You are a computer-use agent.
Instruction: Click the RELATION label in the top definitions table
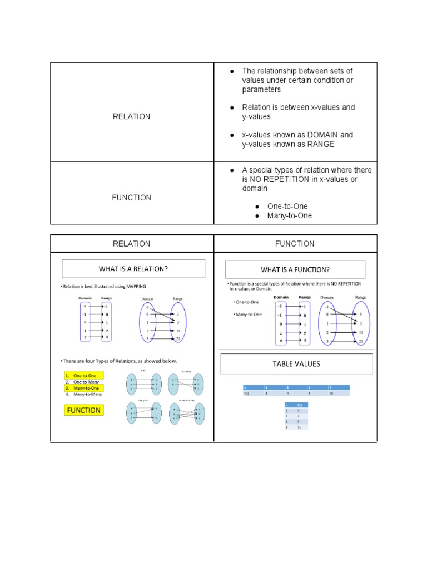pyautogui.click(x=131, y=116)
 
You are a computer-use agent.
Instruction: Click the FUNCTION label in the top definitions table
pyautogui.click(x=131, y=198)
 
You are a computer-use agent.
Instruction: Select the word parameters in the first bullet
pyautogui.click(x=261, y=90)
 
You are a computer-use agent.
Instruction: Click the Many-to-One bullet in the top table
pyautogui.click(x=289, y=215)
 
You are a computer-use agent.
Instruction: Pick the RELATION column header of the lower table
pyautogui.click(x=131, y=244)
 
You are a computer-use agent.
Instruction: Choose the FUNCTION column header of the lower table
pyautogui.click(x=295, y=244)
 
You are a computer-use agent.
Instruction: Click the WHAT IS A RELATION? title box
pyautogui.click(x=133, y=268)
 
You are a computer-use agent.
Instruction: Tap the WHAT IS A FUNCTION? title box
pyautogui.click(x=295, y=269)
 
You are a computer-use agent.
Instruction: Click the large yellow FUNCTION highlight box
pyautogui.click(x=84, y=410)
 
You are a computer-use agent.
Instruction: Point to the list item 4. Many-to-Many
pyautogui.click(x=85, y=394)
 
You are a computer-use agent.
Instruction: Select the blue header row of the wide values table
pyautogui.click(x=296, y=386)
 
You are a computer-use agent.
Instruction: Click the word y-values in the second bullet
pyautogui.click(x=256, y=117)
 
